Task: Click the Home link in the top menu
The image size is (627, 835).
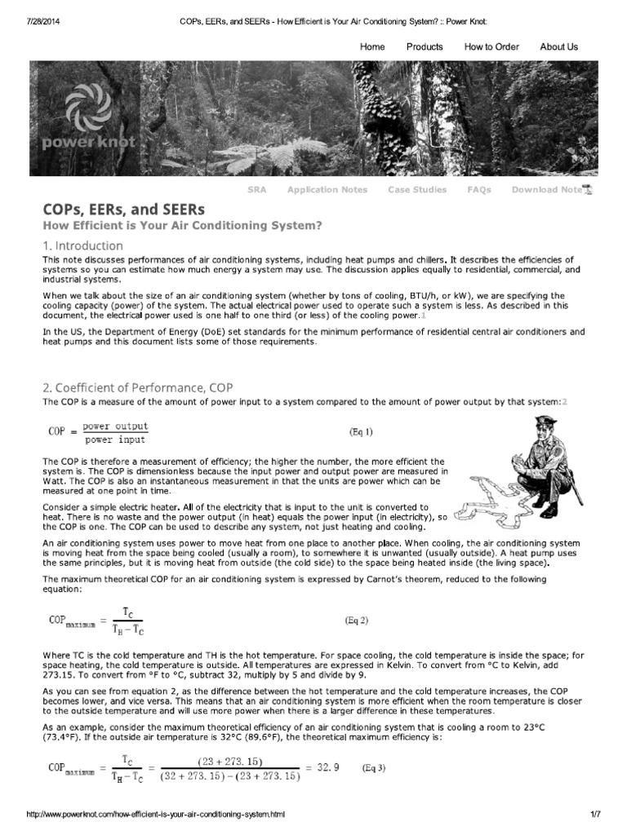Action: tap(372, 46)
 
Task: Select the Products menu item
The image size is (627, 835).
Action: tap(425, 46)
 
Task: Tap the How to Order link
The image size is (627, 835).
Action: tap(491, 46)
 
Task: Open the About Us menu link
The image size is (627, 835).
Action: tap(558, 46)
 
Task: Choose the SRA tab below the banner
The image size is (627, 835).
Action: tap(257, 190)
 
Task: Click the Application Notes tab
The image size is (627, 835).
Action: tap(327, 190)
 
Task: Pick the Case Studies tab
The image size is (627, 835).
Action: tap(417, 190)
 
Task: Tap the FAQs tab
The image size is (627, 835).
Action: tap(478, 190)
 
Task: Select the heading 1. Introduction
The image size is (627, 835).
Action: tap(82, 245)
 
